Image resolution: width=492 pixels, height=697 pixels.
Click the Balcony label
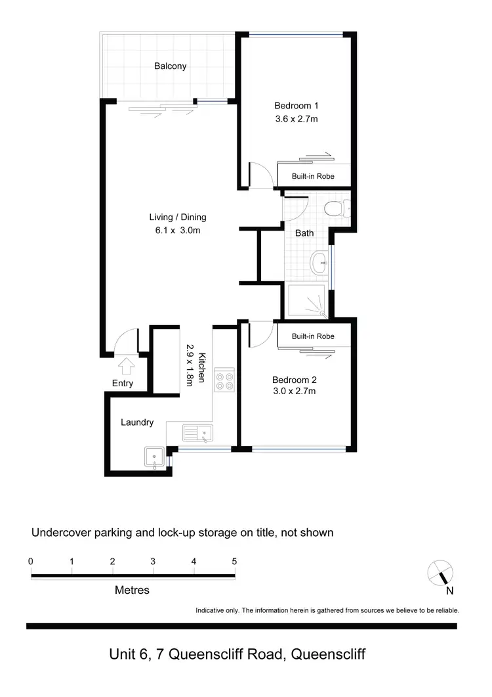click(171, 66)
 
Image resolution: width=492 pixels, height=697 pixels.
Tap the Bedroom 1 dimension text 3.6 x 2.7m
click(296, 120)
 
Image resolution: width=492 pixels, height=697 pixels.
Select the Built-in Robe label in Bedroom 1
click(313, 176)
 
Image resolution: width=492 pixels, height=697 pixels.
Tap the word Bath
click(304, 233)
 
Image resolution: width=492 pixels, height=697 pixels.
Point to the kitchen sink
click(197, 433)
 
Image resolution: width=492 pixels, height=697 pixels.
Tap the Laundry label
click(137, 422)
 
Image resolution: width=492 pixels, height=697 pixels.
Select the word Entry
click(123, 384)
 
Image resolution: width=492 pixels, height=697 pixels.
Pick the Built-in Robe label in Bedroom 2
click(313, 336)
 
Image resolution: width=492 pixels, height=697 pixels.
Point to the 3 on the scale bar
click(153, 562)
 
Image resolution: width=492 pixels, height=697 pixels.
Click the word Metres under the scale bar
click(132, 590)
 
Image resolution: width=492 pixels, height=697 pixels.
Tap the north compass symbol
click(440, 573)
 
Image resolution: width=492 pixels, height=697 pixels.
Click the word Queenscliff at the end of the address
click(328, 655)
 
